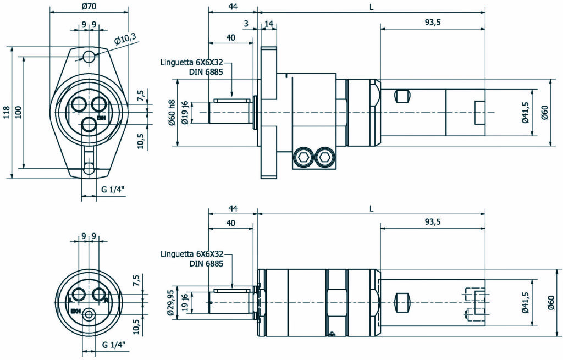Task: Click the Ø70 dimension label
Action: coord(89,7)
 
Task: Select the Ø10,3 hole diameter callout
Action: coord(125,39)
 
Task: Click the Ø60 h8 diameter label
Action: coord(172,113)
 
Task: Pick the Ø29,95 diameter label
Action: coord(171,302)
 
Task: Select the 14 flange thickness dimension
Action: coord(269,23)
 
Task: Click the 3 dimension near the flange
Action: coord(246,23)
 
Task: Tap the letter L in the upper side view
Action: coord(372,7)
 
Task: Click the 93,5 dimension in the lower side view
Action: coord(433,221)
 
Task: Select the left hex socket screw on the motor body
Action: coord(302,159)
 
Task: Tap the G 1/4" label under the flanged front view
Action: coord(113,190)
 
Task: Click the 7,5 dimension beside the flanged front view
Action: coord(141,96)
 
